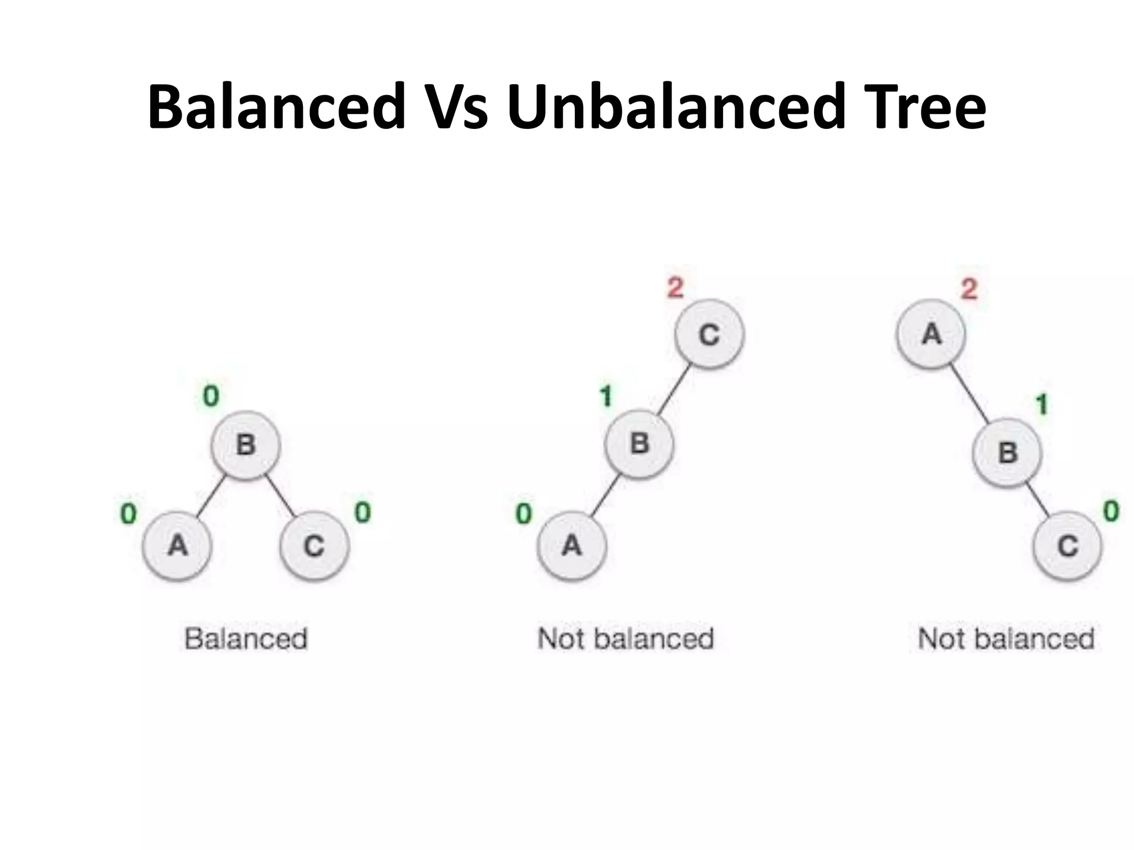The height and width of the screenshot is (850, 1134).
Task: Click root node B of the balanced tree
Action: (x=246, y=444)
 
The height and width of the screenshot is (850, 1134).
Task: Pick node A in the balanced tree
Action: (x=177, y=546)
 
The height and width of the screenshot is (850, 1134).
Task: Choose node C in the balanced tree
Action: (x=315, y=546)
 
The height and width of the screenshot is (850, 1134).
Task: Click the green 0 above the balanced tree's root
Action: (x=211, y=396)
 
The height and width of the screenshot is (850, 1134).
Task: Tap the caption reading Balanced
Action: (x=246, y=639)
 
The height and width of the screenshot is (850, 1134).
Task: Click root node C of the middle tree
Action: (x=709, y=334)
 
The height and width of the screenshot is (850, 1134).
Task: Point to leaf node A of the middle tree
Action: (x=571, y=546)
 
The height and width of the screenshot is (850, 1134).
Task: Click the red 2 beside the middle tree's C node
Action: (x=675, y=288)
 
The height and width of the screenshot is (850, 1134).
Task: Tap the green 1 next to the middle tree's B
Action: (x=606, y=396)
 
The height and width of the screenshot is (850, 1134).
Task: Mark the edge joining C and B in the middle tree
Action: (x=674, y=389)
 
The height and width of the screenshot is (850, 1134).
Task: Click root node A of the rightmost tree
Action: (x=931, y=334)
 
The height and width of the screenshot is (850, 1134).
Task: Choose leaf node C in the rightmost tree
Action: (x=1068, y=546)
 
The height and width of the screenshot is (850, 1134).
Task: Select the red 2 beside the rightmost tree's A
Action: (x=968, y=289)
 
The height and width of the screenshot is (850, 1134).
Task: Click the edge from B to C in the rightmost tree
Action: (x=1037, y=499)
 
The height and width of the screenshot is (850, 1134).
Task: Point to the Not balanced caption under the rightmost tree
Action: (x=1006, y=639)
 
